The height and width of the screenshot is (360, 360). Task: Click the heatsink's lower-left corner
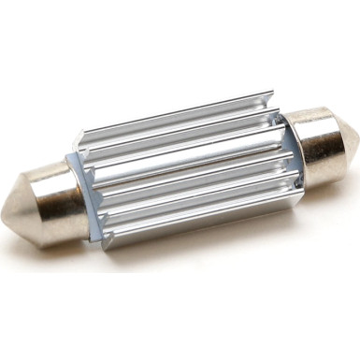[x=93, y=245]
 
